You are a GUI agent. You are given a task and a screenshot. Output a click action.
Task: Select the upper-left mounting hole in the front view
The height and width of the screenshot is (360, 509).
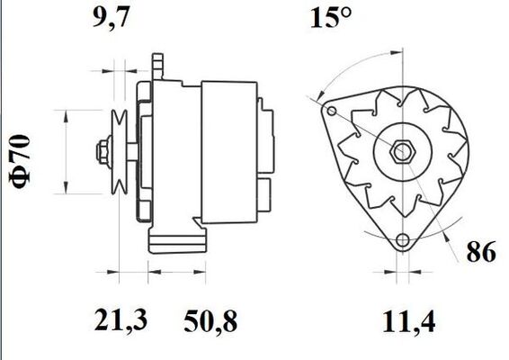[333, 112]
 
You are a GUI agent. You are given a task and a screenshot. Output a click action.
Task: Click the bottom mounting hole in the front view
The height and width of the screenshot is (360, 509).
[402, 241]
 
